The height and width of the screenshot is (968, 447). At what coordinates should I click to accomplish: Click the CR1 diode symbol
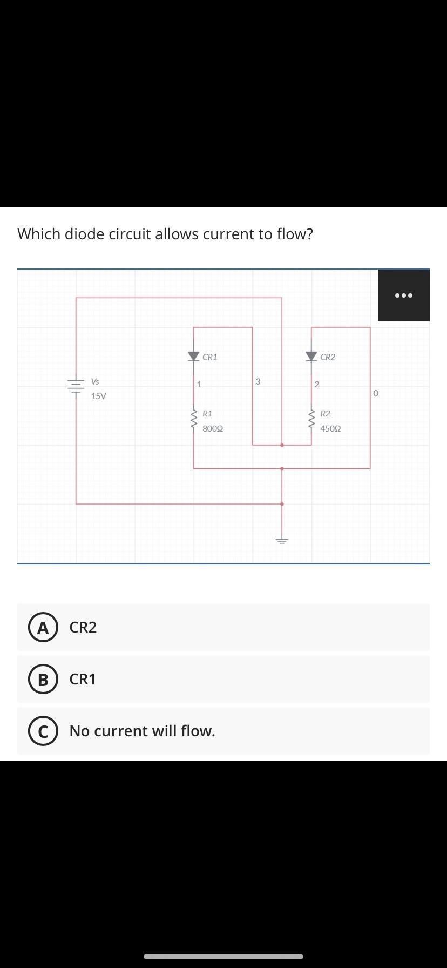click(x=194, y=356)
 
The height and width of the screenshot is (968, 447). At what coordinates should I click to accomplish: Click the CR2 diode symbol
click(x=311, y=356)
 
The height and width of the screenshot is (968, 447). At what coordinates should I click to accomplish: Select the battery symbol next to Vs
click(x=76, y=385)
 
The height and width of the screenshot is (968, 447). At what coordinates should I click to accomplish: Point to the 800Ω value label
click(x=213, y=428)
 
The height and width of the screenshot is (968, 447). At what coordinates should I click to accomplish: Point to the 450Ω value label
click(x=330, y=428)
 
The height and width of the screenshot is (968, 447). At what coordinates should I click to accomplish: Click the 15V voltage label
click(x=99, y=396)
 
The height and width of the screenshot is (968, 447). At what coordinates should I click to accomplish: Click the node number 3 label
click(x=258, y=381)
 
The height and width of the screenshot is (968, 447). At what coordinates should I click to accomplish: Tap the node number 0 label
click(x=376, y=394)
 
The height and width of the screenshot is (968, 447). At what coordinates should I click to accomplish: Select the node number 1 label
click(x=199, y=385)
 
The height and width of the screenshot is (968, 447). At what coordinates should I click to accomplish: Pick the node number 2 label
click(x=317, y=385)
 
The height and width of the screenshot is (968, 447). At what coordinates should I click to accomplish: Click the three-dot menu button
click(x=403, y=295)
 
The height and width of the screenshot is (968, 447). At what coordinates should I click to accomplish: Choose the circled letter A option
click(x=43, y=628)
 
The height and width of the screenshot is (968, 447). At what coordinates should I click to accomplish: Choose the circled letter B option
click(x=43, y=679)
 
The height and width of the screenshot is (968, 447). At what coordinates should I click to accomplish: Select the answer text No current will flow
click(x=142, y=731)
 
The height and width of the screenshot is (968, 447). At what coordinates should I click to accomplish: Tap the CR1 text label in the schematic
click(x=210, y=357)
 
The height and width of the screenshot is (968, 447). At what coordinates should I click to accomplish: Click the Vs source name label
click(x=95, y=381)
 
